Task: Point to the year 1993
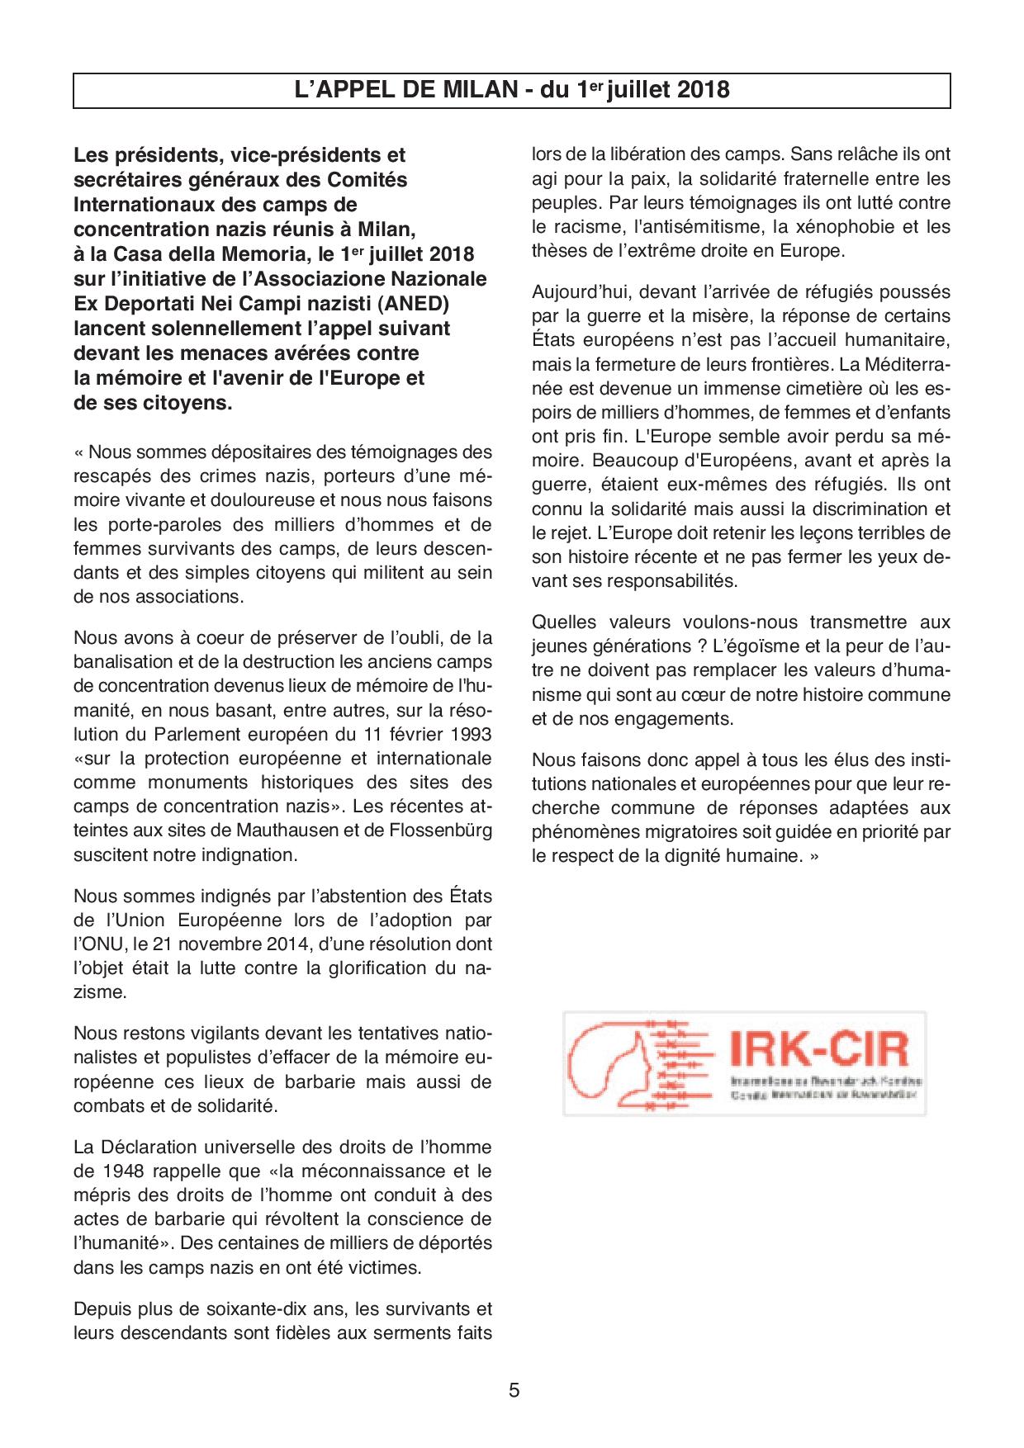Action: pos(467,734)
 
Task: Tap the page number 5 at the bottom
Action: pos(514,1389)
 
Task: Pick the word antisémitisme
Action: pos(693,226)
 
